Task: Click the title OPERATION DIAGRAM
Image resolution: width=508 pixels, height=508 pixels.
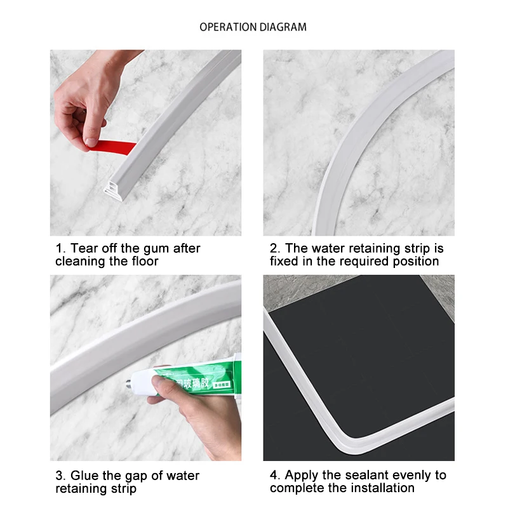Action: [253, 27]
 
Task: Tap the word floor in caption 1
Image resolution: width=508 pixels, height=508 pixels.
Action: [143, 261]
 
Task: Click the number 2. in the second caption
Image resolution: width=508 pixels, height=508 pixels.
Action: [275, 248]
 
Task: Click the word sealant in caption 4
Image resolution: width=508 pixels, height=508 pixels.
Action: [358, 475]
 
